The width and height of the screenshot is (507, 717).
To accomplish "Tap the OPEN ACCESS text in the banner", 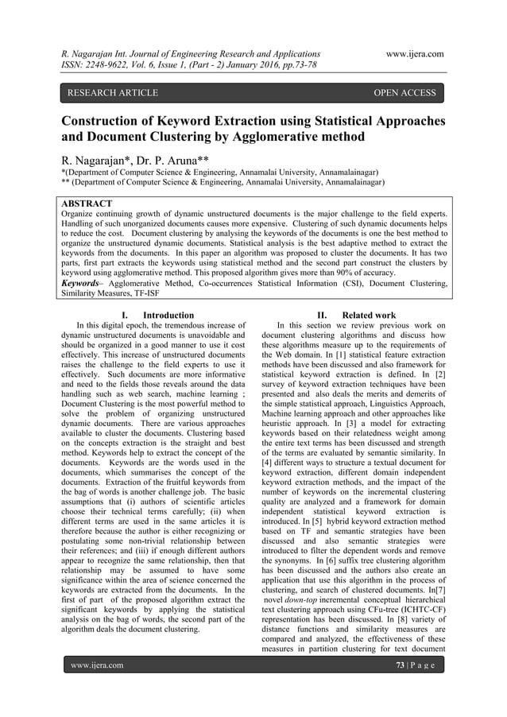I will tap(404, 94).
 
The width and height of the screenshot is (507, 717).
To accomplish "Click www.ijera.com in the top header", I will tap(412, 54).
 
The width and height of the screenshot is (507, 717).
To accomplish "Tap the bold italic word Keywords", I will tap(85, 281).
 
